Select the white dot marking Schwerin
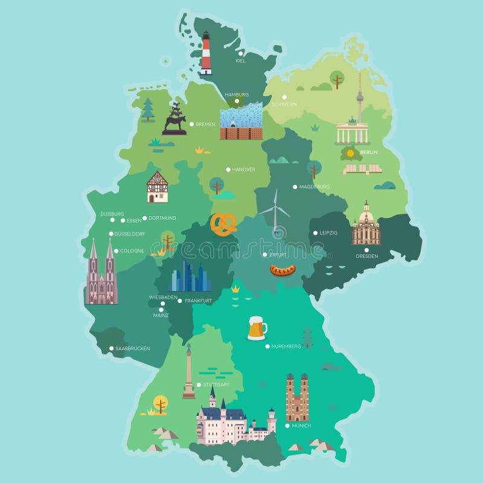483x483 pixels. [x=284, y=97]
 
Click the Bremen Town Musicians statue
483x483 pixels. [x=174, y=119]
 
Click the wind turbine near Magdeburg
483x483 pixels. [x=275, y=211]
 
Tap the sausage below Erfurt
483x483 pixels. [x=282, y=270]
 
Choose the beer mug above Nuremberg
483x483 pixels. [x=257, y=328]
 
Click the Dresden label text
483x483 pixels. [x=366, y=256]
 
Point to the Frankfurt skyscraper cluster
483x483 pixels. [x=190, y=278]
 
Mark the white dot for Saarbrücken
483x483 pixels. [x=112, y=348]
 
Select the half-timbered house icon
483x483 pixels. [x=158, y=187]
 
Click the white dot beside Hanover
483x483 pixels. [x=228, y=170]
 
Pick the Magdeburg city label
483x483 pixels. [x=315, y=187]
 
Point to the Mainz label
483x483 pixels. [x=161, y=315]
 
